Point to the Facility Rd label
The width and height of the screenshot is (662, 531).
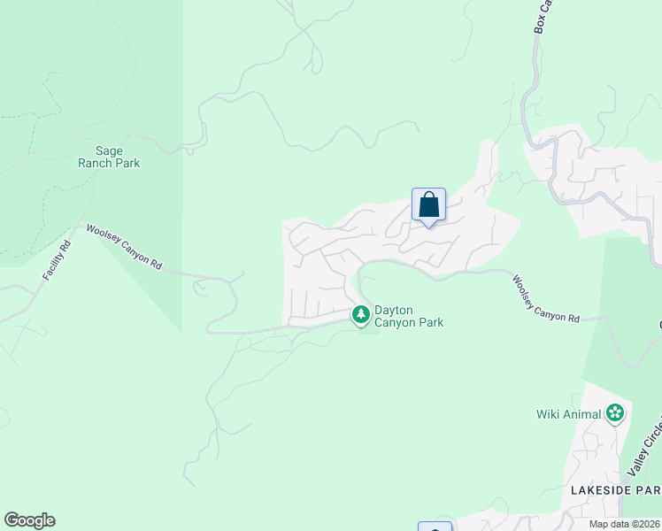[x=56, y=258]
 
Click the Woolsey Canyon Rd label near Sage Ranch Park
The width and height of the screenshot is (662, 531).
[x=124, y=247]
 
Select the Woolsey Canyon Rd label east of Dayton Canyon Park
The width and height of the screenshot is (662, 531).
[x=545, y=299]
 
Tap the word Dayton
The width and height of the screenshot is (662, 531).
[x=394, y=310]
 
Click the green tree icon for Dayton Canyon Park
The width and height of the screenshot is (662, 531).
[x=361, y=314]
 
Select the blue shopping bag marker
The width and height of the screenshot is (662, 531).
[x=428, y=205]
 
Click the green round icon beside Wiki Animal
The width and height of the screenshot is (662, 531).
[x=615, y=412]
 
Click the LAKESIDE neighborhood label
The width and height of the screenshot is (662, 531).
[x=602, y=490]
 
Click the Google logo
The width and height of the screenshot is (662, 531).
[x=29, y=520]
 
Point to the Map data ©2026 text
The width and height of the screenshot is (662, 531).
[x=624, y=524]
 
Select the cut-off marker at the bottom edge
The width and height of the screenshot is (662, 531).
[x=435, y=527]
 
